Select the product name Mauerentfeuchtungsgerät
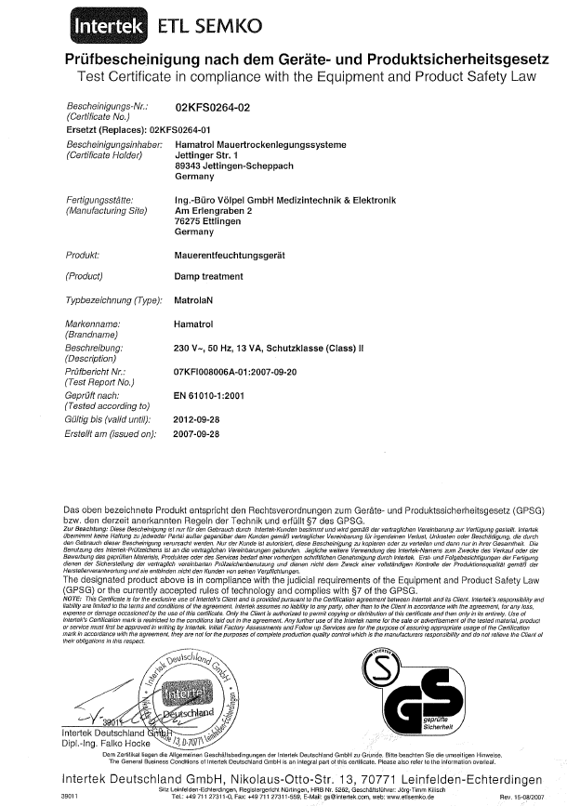[231, 253]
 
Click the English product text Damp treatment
[208, 277]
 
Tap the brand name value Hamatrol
[195, 323]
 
